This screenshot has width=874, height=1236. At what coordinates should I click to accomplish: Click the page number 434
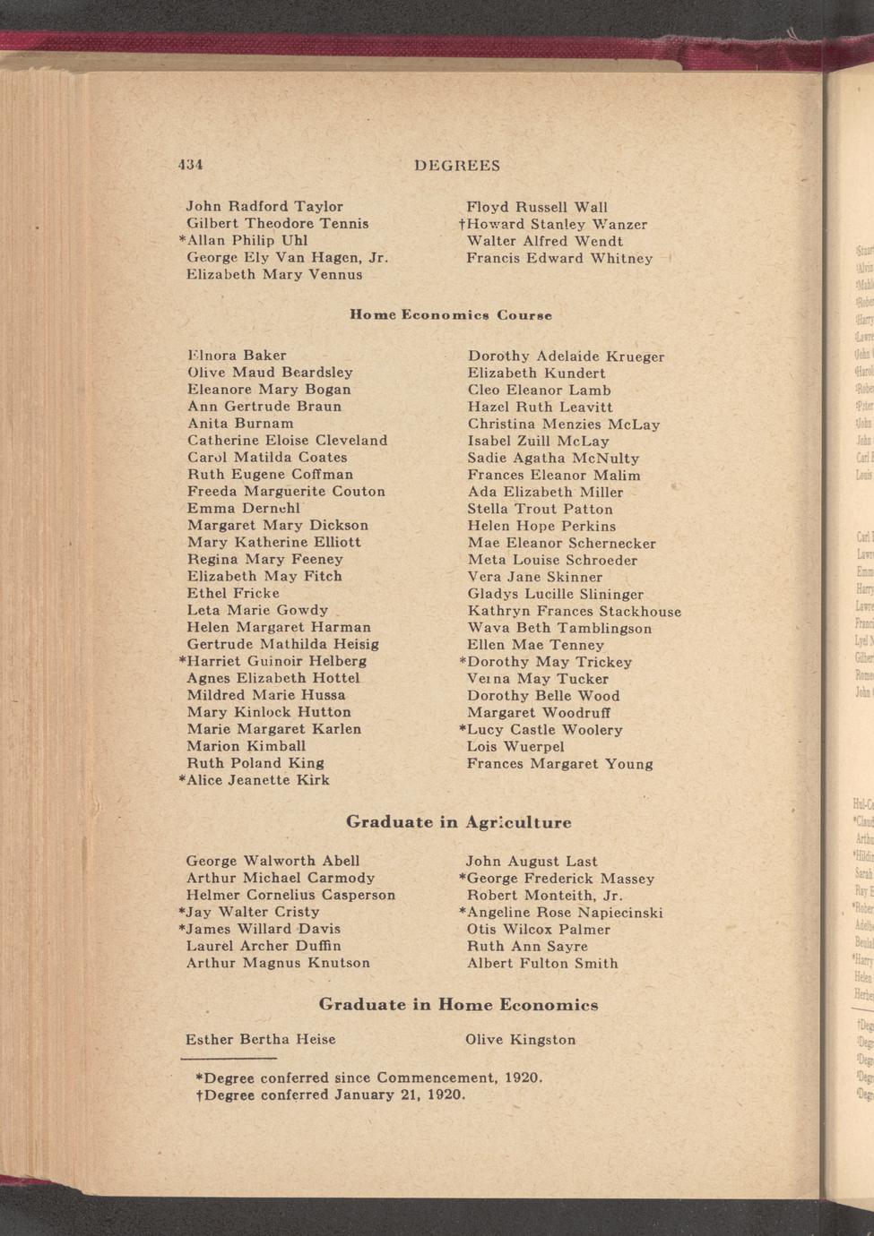point(190,166)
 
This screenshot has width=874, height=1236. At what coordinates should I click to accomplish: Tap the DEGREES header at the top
point(457,166)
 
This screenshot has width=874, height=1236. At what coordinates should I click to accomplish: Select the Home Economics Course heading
point(450,315)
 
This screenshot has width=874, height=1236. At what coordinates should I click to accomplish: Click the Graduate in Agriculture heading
point(458,822)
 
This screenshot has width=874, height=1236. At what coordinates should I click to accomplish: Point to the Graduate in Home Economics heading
point(458,1005)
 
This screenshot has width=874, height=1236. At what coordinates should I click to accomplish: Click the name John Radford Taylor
point(264,207)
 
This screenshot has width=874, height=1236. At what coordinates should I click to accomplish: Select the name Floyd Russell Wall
point(537,207)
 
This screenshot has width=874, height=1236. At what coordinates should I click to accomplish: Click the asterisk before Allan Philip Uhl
point(182,239)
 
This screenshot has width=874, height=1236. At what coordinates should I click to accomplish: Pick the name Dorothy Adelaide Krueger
point(566,356)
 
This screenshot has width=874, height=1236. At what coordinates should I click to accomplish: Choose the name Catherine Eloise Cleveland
point(287,441)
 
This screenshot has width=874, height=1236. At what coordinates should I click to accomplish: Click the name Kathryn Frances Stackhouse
point(574,612)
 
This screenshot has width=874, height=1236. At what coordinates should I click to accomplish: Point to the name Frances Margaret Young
point(559,764)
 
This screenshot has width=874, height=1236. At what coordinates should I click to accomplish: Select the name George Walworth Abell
point(273,861)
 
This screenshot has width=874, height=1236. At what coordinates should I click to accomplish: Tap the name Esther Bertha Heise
point(260,1040)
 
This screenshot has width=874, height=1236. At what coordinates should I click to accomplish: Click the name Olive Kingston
point(520,1040)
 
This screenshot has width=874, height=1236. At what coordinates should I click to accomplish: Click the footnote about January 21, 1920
point(332,1095)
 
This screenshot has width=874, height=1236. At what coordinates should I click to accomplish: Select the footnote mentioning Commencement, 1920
point(369,1077)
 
